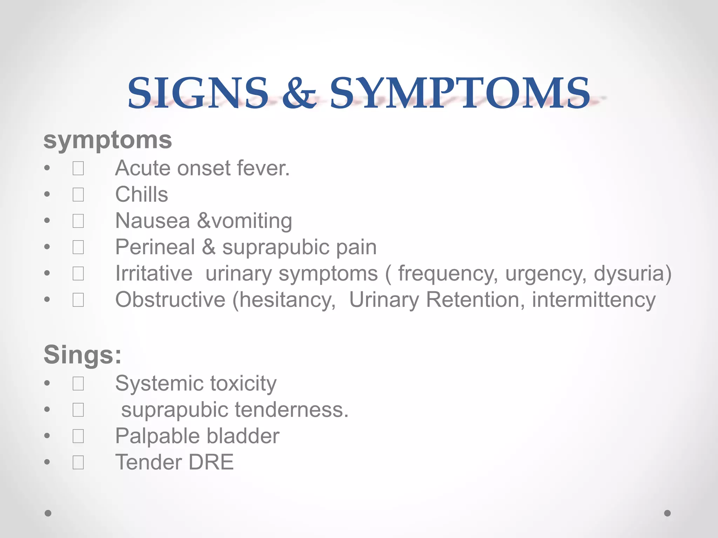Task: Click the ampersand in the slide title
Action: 299,93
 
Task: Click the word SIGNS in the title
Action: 198,93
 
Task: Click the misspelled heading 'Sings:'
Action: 82,354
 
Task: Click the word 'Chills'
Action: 142,194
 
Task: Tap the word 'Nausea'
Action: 153,221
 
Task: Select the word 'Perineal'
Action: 155,247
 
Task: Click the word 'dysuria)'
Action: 632,274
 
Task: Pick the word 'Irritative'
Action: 154,274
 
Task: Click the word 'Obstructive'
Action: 170,300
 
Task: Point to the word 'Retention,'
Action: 475,300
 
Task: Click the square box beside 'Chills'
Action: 78,195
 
